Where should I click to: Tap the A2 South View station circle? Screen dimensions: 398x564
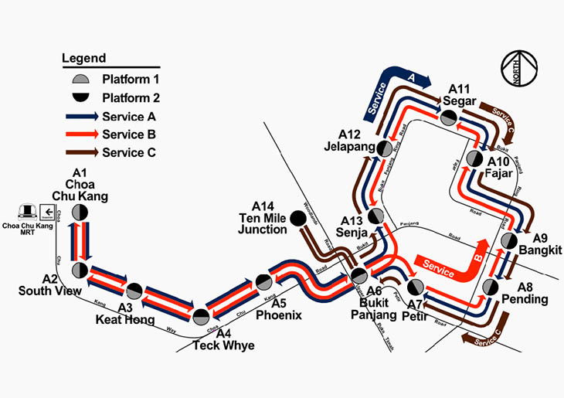(x=80, y=270)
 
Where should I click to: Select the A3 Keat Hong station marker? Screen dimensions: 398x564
(x=134, y=291)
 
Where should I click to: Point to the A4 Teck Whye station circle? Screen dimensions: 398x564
(x=201, y=315)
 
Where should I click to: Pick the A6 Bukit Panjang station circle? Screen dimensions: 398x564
(x=358, y=276)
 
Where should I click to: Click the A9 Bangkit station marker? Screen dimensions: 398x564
(x=509, y=241)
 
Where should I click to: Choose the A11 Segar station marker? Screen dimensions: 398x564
(x=447, y=117)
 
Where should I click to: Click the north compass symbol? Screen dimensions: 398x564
(x=519, y=69)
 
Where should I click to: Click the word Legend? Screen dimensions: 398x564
(x=84, y=58)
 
